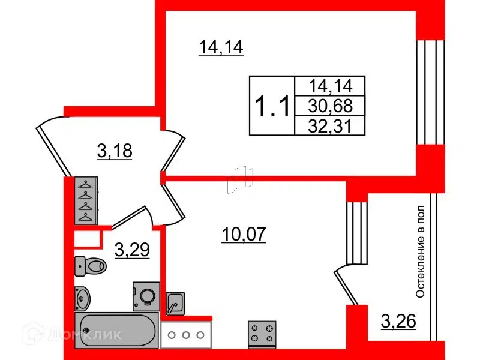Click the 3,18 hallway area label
(x=115, y=151)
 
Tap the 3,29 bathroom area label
(x=132, y=250)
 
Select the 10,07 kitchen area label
(x=244, y=235)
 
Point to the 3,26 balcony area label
(x=398, y=321)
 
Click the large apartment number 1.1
(x=272, y=106)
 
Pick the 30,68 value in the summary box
(x=331, y=106)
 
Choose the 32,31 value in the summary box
(x=331, y=126)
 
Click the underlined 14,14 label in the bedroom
(x=221, y=48)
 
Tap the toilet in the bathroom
(x=91, y=266)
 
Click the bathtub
(x=116, y=330)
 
